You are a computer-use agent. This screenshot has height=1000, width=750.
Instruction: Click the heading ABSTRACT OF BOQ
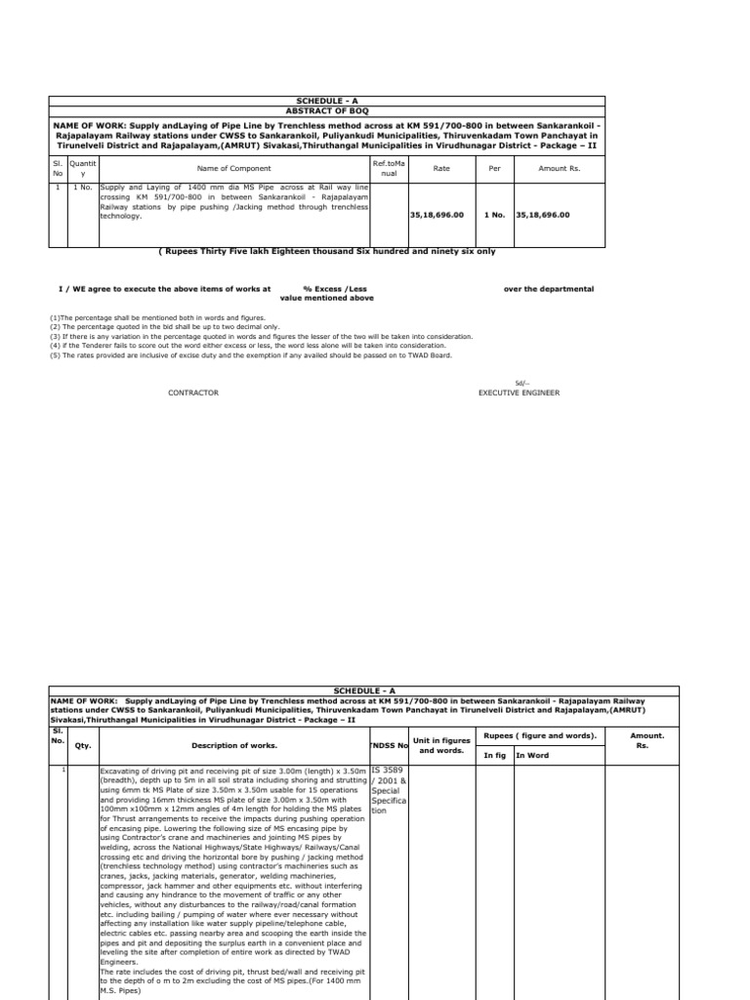point(327,110)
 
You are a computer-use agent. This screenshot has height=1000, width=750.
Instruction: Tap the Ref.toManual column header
point(388,168)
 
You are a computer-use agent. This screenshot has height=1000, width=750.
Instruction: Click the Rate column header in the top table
point(441,168)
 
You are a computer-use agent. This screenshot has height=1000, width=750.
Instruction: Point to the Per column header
point(494,168)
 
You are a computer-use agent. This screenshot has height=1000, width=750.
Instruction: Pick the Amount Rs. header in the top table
point(560,168)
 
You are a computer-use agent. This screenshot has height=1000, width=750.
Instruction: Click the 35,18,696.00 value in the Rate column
point(437,215)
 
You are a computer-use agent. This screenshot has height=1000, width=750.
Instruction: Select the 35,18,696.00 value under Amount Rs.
point(543,215)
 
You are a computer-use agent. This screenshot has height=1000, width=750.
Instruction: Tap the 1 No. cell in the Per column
point(494,215)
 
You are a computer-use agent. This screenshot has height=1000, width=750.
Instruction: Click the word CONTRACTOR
point(194,393)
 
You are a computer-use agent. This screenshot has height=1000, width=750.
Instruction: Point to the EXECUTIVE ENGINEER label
point(519,393)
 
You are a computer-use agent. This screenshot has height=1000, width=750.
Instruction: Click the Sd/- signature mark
point(520,382)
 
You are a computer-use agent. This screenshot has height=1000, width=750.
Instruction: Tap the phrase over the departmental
point(548,289)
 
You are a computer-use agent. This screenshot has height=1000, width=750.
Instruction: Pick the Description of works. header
point(233,745)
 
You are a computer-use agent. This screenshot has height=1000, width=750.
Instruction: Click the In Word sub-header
point(532,755)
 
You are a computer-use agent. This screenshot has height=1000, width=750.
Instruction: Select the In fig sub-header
point(496,755)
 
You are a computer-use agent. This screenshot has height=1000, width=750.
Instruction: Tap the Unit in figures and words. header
point(440,745)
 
